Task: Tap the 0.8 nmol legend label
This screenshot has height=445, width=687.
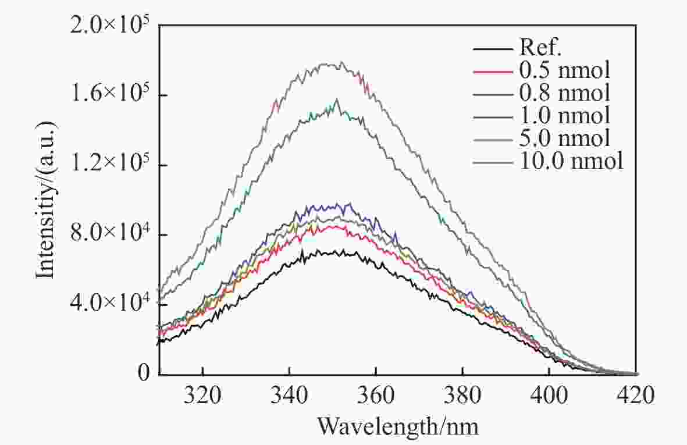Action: coord(563,92)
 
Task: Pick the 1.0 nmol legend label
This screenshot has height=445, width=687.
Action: coord(563,115)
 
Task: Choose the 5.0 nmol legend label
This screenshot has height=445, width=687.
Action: coord(563,138)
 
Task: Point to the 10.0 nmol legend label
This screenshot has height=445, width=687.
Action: coord(569,161)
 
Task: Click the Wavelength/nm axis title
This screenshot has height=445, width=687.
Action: coord(398,427)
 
